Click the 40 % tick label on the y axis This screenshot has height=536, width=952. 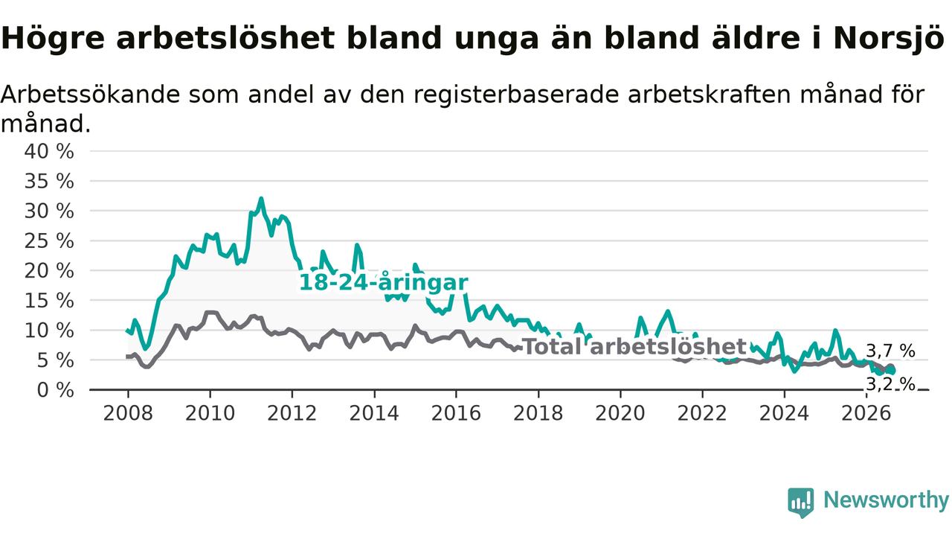point(49,151)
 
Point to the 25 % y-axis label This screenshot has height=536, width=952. point(49,240)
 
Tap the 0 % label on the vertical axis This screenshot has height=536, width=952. point(55,389)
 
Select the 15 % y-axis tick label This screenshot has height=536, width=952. point(49,300)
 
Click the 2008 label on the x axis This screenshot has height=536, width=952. point(128,413)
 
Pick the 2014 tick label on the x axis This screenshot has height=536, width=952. point(374,413)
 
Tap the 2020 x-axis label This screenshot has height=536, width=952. point(620,413)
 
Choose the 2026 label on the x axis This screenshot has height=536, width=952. point(866,413)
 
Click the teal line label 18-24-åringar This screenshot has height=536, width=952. point(383,282)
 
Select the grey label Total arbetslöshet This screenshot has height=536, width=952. point(634,347)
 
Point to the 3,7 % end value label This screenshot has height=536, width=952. point(890,351)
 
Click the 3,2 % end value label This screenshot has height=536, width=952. point(890,384)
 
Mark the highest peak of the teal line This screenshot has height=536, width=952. point(261,198)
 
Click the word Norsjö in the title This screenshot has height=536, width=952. point(889,38)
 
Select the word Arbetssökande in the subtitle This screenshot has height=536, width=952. point(91,94)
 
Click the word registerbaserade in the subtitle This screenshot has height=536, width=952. point(516,95)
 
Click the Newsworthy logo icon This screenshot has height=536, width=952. point(801,502)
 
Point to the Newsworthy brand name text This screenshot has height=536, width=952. point(886,500)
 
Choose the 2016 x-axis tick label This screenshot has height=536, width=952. point(456,413)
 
